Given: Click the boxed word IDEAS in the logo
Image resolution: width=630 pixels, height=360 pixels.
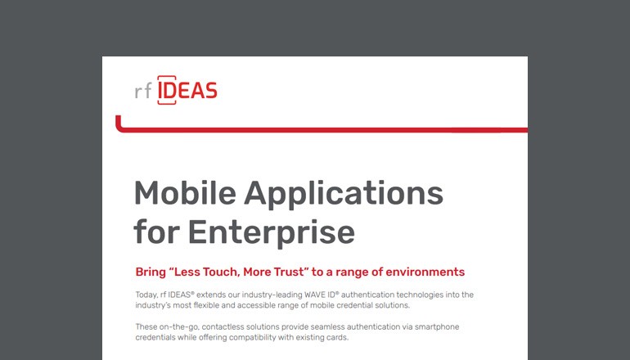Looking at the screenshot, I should (x=187, y=91).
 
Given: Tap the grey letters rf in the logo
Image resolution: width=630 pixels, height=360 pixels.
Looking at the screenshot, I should (x=143, y=92).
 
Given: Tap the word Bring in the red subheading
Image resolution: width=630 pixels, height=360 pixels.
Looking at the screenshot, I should (x=151, y=272).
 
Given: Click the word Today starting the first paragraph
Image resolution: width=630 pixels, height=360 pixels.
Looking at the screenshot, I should (x=148, y=294).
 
